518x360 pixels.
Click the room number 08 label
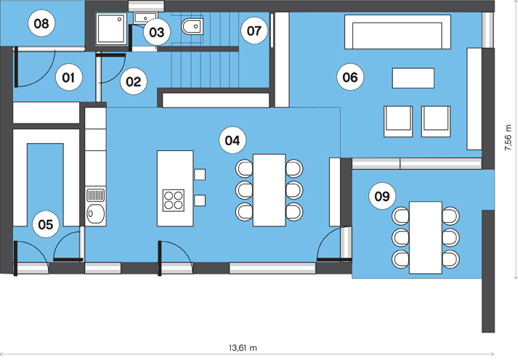click(x=41, y=23)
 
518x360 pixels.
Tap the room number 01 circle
click(x=68, y=78)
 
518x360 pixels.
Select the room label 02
click(x=134, y=81)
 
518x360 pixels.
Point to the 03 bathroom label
click(x=157, y=32)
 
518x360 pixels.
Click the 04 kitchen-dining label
click(x=232, y=140)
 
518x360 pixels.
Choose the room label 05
click(x=46, y=225)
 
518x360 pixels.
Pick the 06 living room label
click(x=350, y=77)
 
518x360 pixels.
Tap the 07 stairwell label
click(x=254, y=30)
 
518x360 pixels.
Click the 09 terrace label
click(x=382, y=196)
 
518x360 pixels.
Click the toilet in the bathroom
click(x=192, y=26)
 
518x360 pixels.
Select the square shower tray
click(x=111, y=28)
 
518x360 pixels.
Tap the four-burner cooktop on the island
click(x=174, y=200)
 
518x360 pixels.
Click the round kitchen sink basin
click(x=95, y=213)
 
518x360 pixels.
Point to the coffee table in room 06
click(x=413, y=78)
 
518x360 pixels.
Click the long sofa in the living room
click(x=397, y=32)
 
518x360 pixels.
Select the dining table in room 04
click(x=270, y=190)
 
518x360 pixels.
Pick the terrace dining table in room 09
click(x=426, y=237)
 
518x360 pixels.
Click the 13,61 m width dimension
click(x=243, y=348)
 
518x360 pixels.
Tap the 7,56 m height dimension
click(x=508, y=138)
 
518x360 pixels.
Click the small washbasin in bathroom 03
click(x=145, y=18)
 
